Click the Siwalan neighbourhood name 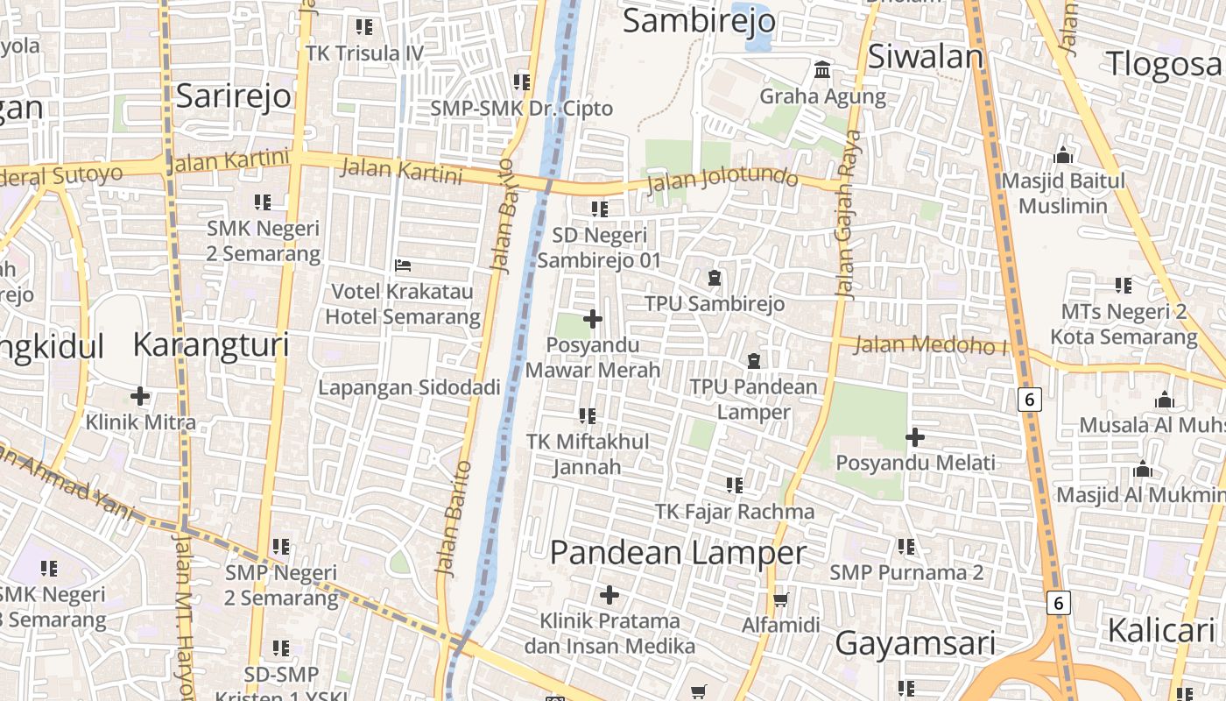tap(926, 57)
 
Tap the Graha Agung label tap(822, 96)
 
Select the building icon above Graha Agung tap(822, 70)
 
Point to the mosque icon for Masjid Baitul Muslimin tap(1063, 156)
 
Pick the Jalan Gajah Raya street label tap(847, 215)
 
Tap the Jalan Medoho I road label tap(930, 344)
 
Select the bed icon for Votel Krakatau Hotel tap(403, 265)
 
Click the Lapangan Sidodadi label tap(409, 387)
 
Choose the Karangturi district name tap(210, 345)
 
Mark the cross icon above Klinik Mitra tap(140, 396)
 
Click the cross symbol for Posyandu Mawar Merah tap(593, 319)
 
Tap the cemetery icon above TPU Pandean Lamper tap(753, 360)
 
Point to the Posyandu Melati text tap(915, 463)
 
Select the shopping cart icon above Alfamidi tap(780, 600)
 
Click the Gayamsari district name tap(915, 644)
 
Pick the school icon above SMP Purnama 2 tap(906, 547)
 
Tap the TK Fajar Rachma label tap(735, 511)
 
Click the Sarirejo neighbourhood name tap(233, 96)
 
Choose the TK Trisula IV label tap(364, 53)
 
